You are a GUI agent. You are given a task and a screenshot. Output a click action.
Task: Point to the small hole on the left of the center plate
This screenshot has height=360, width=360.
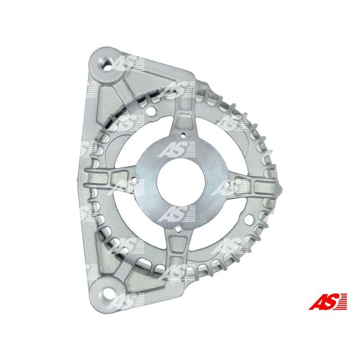click(134, 179)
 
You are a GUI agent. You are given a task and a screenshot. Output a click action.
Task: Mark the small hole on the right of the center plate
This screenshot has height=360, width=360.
click(228, 184)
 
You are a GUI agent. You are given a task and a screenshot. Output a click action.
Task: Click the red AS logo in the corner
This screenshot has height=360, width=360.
click(328, 301)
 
